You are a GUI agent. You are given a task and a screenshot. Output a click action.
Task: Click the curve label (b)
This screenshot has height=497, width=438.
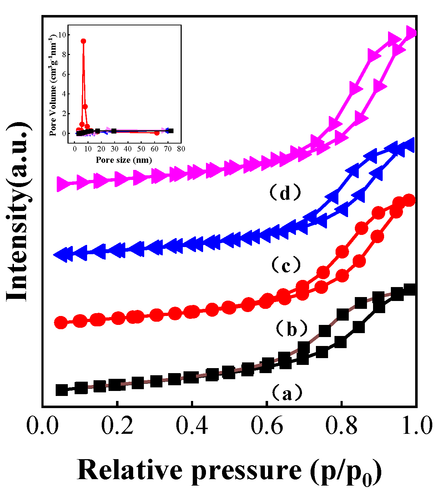(292, 328)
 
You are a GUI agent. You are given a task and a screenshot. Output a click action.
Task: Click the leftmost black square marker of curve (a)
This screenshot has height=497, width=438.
(62, 390)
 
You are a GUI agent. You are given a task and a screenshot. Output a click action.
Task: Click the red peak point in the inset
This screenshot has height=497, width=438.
(83, 41)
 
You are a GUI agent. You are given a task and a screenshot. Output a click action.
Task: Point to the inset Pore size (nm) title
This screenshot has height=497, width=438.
(124, 160)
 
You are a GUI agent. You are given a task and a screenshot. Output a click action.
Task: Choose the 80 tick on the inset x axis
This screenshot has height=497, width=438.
(181, 149)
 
